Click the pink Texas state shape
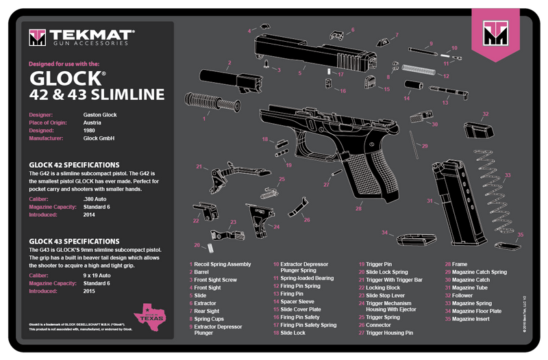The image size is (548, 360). (152, 315)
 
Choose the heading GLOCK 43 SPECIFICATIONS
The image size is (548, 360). (74, 241)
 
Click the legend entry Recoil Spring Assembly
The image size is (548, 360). (223, 263)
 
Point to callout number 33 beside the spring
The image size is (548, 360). (507, 176)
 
